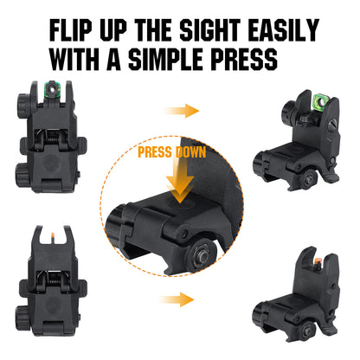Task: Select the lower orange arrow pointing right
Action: click(x=181, y=299)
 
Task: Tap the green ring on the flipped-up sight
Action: click(x=306, y=110)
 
